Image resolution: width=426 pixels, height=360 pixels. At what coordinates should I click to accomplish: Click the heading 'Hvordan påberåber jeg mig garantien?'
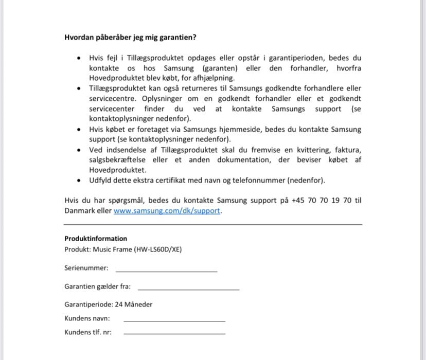[x=130, y=37]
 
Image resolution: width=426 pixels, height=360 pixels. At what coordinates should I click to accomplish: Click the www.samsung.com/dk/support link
[x=167, y=211]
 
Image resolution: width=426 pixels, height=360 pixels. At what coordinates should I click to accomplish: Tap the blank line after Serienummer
[x=166, y=269]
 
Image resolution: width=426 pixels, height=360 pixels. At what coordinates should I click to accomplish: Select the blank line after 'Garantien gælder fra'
[x=188, y=287]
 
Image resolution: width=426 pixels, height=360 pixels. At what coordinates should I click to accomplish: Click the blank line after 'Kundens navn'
[x=174, y=319]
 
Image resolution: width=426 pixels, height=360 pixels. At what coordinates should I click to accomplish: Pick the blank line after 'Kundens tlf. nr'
[x=174, y=333]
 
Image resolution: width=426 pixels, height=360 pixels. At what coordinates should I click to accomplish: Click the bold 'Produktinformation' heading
[x=96, y=239]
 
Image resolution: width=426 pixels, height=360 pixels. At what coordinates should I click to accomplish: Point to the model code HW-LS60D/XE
[x=157, y=250]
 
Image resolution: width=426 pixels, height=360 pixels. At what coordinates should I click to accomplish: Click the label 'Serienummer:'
[x=86, y=268]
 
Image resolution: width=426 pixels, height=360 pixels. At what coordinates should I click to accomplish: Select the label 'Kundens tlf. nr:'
[x=88, y=332]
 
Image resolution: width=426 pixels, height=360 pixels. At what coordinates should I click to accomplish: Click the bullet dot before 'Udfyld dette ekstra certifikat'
[x=78, y=181]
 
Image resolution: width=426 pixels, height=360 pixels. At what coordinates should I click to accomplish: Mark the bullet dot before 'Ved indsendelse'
[x=78, y=150]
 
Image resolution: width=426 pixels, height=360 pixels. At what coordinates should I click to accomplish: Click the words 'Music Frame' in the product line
[x=112, y=250]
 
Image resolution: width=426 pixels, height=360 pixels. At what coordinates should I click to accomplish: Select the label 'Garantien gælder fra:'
[x=97, y=286]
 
